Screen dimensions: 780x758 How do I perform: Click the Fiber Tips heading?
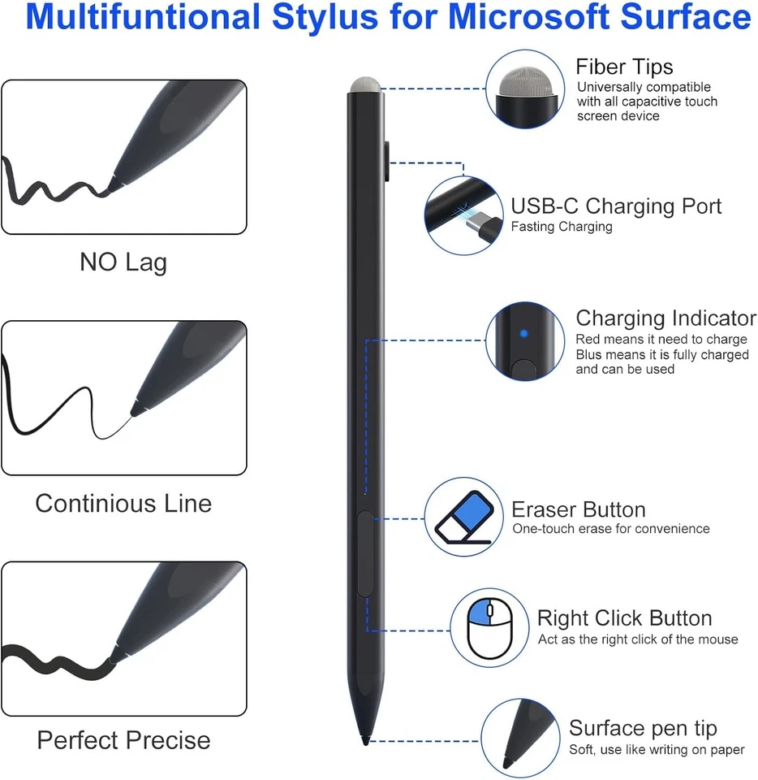(624, 67)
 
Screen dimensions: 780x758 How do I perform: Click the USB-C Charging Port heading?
(616, 206)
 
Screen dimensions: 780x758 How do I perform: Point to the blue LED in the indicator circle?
(523, 333)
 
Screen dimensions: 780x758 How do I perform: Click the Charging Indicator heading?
(665, 318)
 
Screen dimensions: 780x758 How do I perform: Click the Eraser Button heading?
(578, 510)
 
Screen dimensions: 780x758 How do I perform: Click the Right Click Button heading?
(624, 618)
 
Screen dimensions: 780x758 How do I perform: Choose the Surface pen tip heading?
(643, 728)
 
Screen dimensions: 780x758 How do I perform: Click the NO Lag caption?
(123, 262)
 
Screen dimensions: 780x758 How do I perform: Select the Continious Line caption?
(123, 503)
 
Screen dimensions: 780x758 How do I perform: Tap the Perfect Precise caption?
(123, 740)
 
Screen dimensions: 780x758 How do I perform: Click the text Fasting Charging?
(561, 227)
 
